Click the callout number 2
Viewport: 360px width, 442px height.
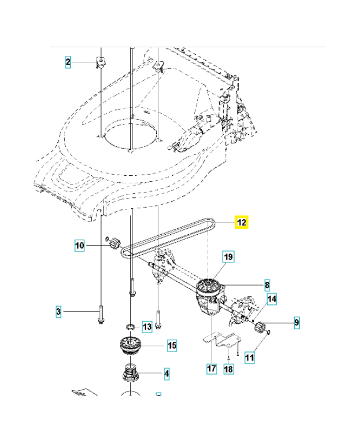(x=68, y=62)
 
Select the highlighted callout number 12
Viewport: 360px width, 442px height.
(x=242, y=223)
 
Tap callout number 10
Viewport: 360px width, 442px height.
(x=80, y=245)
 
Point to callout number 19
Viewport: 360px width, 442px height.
(x=228, y=256)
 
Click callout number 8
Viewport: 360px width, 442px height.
(x=267, y=285)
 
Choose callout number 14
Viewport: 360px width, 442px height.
(x=272, y=299)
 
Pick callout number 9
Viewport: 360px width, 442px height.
(x=296, y=322)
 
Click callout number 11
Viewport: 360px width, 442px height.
(x=250, y=358)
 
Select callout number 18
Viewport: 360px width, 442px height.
(x=229, y=369)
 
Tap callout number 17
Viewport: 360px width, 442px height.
(x=211, y=369)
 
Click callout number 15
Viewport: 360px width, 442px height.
(x=172, y=346)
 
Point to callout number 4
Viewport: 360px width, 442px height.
(x=166, y=374)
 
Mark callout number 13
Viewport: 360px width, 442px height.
(x=146, y=327)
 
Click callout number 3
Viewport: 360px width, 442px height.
(x=59, y=313)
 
